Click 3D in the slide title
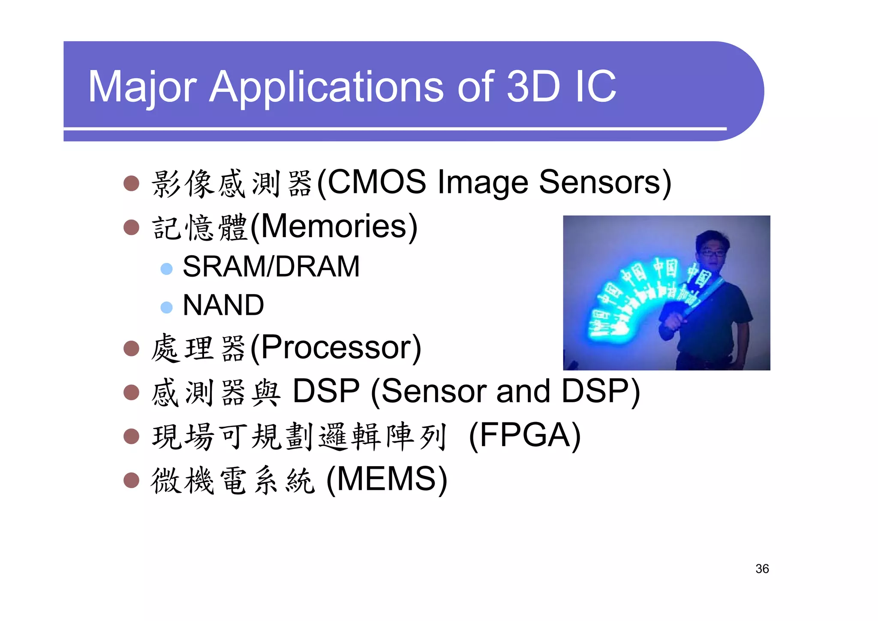pos(533,87)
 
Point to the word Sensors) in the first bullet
pos(604,182)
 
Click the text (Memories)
pos(334,226)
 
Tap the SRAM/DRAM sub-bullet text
pos(271,267)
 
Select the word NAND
pos(223,305)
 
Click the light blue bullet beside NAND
pos(166,307)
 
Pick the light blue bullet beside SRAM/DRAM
pos(166,269)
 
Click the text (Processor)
pos(336,347)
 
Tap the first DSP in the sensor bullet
pos(326,391)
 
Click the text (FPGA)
pos(525,435)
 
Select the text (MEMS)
pos(387,479)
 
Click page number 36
pos(762,569)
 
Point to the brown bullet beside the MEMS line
pos(131,480)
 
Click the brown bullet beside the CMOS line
pos(131,183)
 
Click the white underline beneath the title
pos(394,128)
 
